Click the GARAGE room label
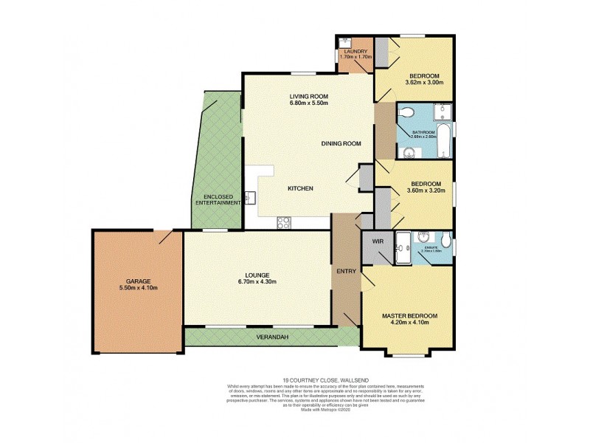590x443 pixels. point(138,281)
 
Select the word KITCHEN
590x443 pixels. point(300,189)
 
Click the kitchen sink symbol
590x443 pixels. point(250,198)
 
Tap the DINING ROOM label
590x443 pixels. point(341,144)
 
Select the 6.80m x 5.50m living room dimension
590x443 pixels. point(308,103)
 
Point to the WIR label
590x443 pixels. point(377,241)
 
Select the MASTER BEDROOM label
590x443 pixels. point(409,316)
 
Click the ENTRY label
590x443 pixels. point(346,271)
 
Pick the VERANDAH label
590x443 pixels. point(273,337)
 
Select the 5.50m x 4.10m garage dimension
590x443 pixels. point(138,288)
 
